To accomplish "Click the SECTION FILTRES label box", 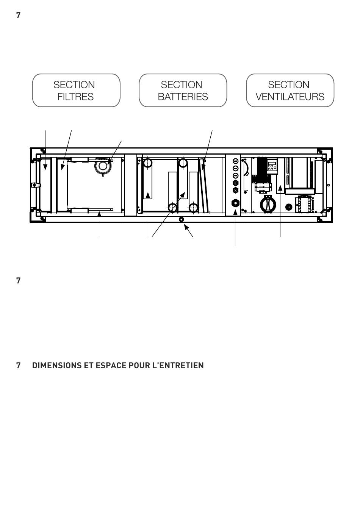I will click(76, 91).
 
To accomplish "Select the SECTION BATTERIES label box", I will click(183, 91).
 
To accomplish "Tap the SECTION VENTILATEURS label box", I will click(290, 91).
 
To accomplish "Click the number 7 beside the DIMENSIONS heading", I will click(18, 366).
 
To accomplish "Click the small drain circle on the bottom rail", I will click(182, 219).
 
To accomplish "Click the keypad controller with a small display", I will click(272, 166).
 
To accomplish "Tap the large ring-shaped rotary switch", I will click(268, 204).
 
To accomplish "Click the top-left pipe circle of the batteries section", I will click(147, 163).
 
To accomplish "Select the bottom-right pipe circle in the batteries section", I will click(194, 208).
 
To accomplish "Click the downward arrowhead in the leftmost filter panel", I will click(45, 167).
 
